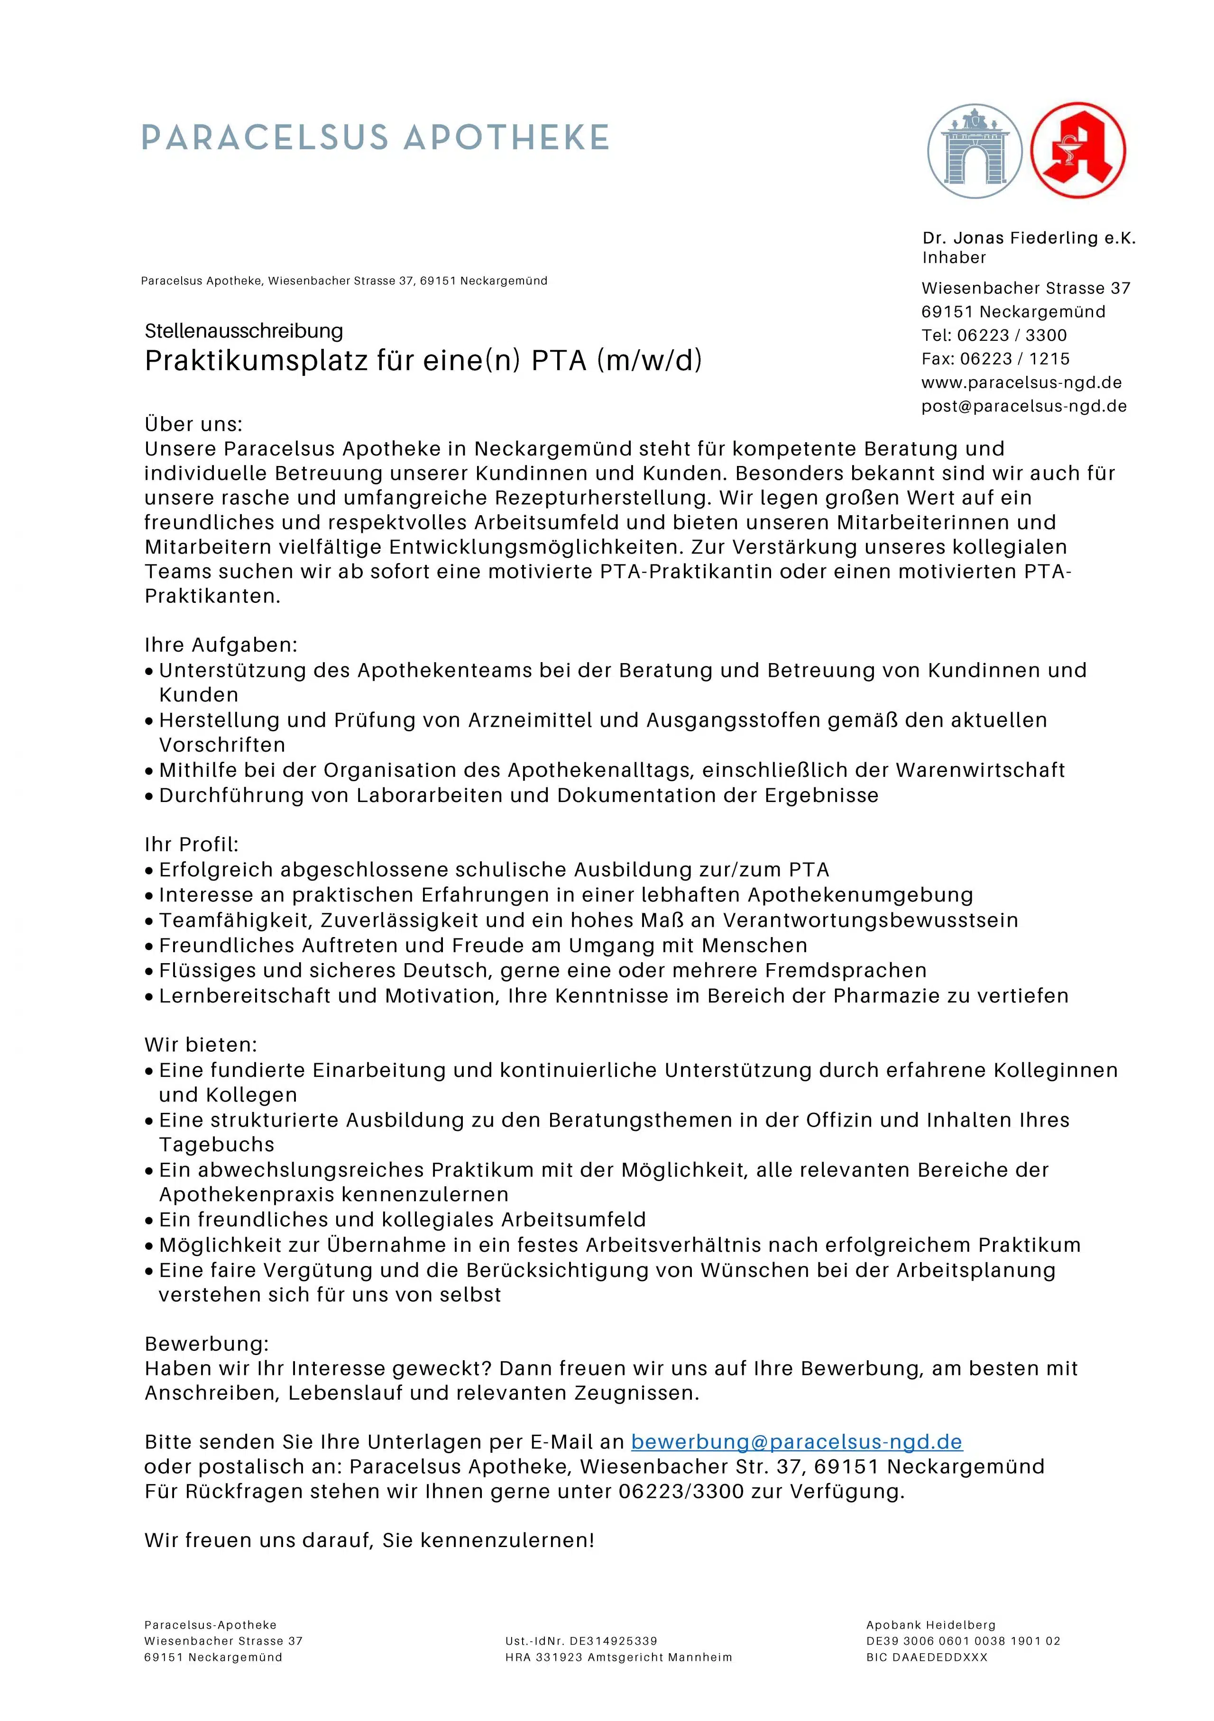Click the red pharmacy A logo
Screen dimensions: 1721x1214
[x=1077, y=151]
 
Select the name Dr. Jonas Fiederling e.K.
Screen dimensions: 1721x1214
[x=1029, y=238]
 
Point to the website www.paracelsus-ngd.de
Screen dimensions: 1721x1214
[x=1021, y=382]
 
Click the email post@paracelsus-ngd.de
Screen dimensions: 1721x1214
[x=1023, y=406]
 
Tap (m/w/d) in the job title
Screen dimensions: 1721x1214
[x=649, y=361]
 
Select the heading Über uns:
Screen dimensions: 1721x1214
[x=193, y=424]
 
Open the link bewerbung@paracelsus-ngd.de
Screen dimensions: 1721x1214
[x=796, y=1442]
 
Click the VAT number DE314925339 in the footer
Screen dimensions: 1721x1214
[x=613, y=1641]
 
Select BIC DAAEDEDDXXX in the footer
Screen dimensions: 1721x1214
[x=926, y=1657]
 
